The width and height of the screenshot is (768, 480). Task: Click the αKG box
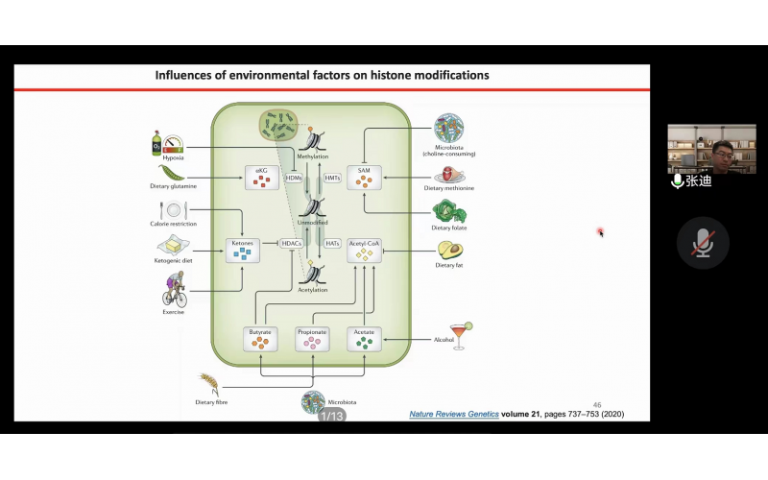(260, 176)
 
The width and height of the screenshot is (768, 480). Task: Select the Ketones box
(242, 251)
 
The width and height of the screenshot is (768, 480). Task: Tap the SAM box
(364, 176)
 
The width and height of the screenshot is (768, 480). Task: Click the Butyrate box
(260, 337)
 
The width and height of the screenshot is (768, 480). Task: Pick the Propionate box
(313, 337)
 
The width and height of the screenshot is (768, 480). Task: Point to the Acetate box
(364, 337)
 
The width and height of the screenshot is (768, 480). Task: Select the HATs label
(332, 243)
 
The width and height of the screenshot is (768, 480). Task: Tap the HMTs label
(332, 178)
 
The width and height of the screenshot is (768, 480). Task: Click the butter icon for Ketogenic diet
(173, 245)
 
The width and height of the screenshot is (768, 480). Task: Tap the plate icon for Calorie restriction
(173, 209)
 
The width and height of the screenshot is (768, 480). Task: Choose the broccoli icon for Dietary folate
(447, 212)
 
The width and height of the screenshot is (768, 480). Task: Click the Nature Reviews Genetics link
(452, 414)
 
